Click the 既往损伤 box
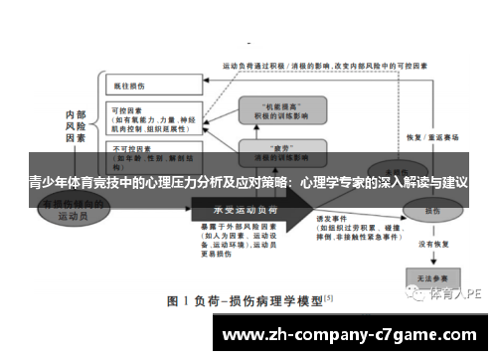click(150, 87)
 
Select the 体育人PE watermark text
click(456, 294)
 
